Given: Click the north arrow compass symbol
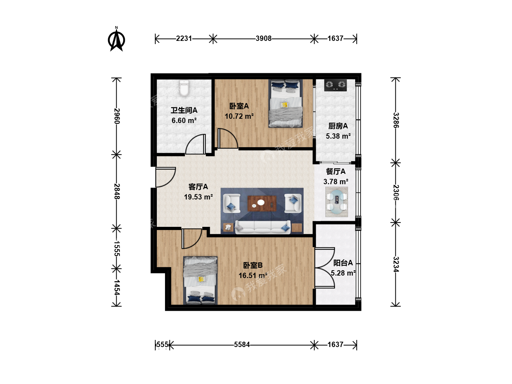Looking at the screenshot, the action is coord(116,39).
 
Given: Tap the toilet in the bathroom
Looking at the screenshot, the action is coord(184,88).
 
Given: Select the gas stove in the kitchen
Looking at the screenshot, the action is coord(335,85).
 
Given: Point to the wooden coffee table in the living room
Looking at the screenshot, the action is coord(262,203).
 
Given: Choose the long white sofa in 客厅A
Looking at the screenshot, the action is coord(263,227).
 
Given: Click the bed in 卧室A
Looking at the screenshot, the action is coord(286,103).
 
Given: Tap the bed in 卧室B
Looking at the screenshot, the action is coord(201,281).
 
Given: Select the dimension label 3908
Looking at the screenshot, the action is coord(263,38).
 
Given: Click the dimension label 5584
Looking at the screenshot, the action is coord(242,345).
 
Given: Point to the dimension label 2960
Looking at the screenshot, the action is coord(117,116).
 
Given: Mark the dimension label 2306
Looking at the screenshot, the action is coord(396,193).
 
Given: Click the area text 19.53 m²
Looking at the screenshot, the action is coord(198,197).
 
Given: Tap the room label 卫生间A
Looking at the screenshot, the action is coord(184,110).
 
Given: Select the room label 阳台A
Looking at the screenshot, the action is coord(343,263).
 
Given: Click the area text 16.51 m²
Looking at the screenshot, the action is coord(253,276).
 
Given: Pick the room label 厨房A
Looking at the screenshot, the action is coord(338,126).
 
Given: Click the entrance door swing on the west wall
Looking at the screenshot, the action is coord(165,177).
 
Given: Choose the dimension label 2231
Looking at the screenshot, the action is coord(184,38).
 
